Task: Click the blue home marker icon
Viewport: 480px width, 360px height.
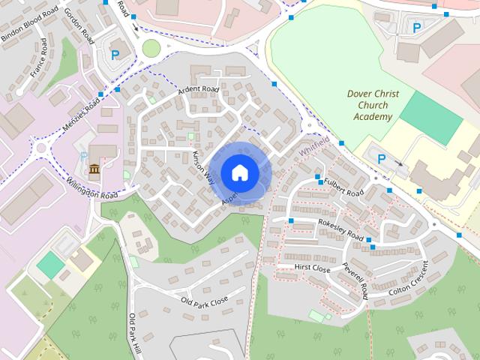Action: coord(239,172)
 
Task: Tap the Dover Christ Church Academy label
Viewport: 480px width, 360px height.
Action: coord(373,106)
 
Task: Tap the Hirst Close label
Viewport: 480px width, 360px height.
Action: coord(312,268)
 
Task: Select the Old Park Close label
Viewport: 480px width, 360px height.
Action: coord(204,301)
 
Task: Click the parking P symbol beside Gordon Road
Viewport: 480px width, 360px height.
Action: coord(115,55)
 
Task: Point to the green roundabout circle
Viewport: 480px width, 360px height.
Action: coord(151,49)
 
